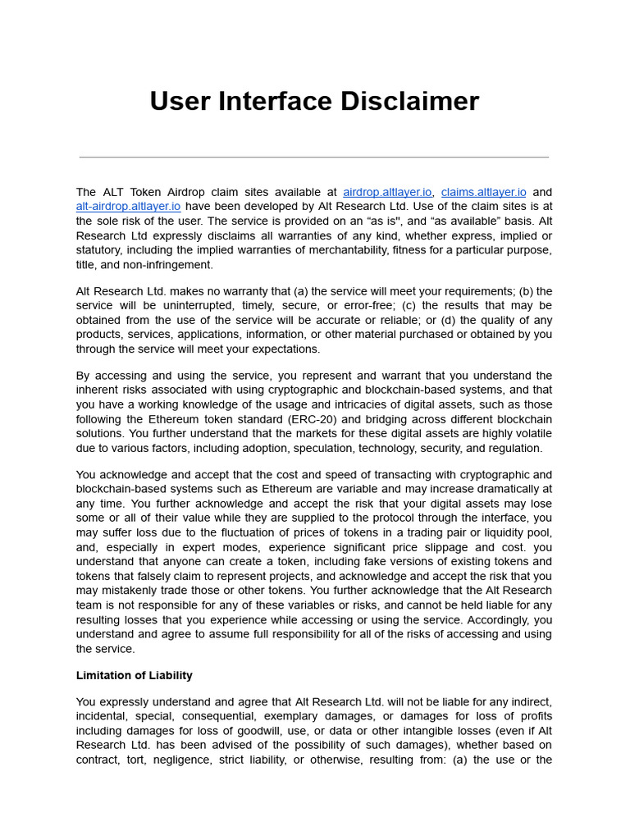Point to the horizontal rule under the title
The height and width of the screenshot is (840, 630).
coord(314,157)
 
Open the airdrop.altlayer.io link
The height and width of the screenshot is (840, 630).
coord(387,192)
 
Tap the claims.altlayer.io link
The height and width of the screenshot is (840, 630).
coord(484,192)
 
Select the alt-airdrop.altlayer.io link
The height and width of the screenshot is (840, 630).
coord(128,207)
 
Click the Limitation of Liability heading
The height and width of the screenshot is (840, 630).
coord(135,676)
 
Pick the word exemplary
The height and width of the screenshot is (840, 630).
coord(305,716)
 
